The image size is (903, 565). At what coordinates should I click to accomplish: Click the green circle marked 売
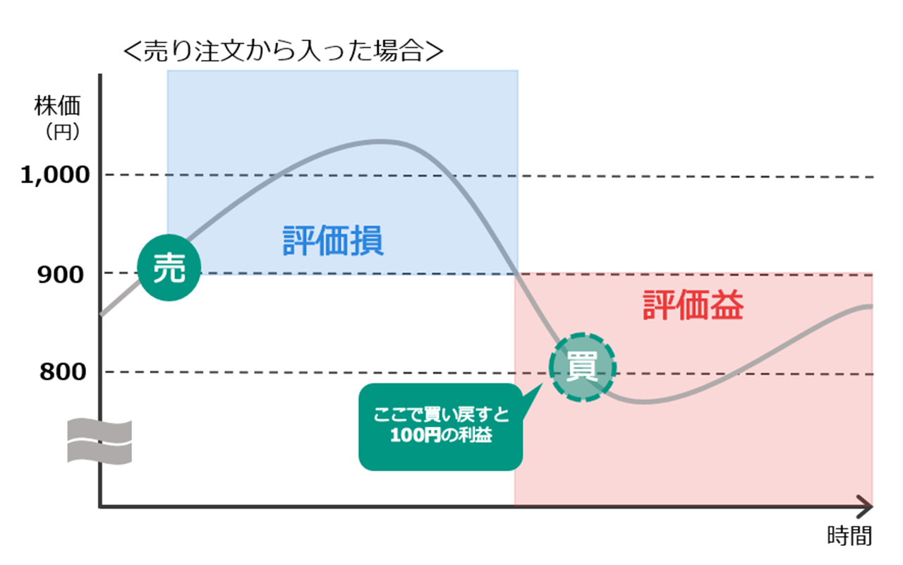[169, 269]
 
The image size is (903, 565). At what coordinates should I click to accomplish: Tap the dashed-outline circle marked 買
[583, 367]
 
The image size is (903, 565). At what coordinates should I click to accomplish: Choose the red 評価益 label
[693, 307]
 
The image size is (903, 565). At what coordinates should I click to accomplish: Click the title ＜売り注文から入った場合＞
[282, 52]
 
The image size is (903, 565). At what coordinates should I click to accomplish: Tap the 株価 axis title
[57, 106]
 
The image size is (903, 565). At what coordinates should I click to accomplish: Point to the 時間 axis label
[849, 536]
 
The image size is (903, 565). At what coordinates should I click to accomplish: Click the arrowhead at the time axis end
[866, 506]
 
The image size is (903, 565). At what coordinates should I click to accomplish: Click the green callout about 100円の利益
[441, 427]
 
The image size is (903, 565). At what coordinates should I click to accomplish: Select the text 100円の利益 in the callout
[441, 436]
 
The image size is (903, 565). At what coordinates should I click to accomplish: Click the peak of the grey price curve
[379, 141]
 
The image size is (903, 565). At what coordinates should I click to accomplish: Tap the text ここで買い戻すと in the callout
[441, 415]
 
